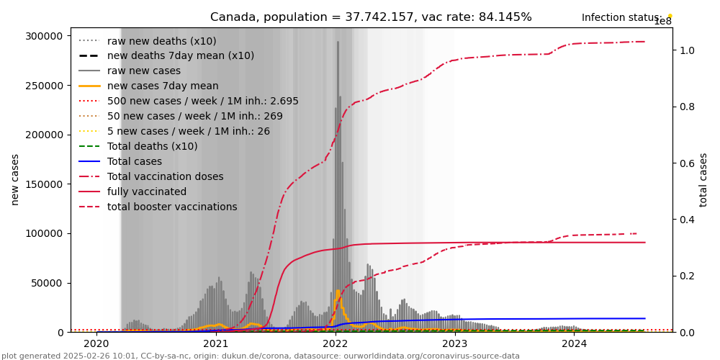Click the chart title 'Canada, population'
pyautogui.click(x=371, y=17)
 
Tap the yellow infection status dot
pyautogui.click(x=670, y=16)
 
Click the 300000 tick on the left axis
pyautogui.click(x=45, y=36)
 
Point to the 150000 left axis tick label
pyautogui.click(x=45, y=135)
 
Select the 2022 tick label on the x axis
pyautogui.click(x=335, y=343)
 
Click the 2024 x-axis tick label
pyautogui.click(x=574, y=343)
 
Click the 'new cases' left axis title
pyautogui.click(x=15, y=180)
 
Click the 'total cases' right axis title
pyautogui.click(x=703, y=180)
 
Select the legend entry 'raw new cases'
pyautogui.click(x=144, y=71)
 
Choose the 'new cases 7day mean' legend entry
pyautogui.click(x=163, y=86)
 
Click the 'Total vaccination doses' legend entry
pyautogui.click(x=165, y=176)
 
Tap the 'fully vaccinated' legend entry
pyautogui.click(x=147, y=192)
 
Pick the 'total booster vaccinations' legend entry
pyautogui.click(x=172, y=207)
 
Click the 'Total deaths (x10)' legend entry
pyautogui.click(x=152, y=146)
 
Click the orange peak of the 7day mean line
pyautogui.click(x=338, y=291)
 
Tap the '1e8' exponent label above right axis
pyautogui.click(x=662, y=22)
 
